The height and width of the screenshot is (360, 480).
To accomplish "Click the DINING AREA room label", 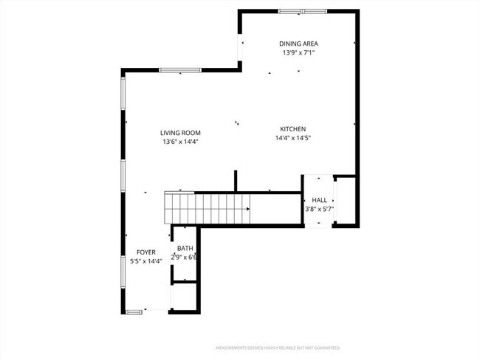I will (x=298, y=44).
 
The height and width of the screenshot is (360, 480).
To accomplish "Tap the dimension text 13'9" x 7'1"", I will (x=298, y=52).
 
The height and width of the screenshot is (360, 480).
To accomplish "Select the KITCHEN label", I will (x=292, y=128).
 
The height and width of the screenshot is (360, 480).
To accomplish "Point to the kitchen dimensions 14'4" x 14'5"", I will (x=292, y=137).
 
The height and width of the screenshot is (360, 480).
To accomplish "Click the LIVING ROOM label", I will (x=181, y=133).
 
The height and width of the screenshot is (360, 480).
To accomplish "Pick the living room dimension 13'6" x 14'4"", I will (x=181, y=142).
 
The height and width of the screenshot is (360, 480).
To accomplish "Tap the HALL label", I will (x=319, y=200).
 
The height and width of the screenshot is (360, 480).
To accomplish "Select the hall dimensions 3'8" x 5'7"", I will (x=319, y=209).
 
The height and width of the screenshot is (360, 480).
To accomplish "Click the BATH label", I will (x=185, y=249).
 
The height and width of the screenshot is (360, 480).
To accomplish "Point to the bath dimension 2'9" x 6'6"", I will (x=185, y=257).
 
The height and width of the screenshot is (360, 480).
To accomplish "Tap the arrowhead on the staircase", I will (x=248, y=209).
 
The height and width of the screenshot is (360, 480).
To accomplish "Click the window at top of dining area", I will (x=303, y=11).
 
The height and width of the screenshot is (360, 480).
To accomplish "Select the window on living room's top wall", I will (x=180, y=71).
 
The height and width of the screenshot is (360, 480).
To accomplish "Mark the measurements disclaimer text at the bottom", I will (x=277, y=347).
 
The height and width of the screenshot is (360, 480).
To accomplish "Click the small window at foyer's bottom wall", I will (x=134, y=311).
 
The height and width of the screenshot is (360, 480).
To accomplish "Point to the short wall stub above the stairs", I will (x=236, y=181).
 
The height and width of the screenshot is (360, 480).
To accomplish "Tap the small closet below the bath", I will (x=185, y=297).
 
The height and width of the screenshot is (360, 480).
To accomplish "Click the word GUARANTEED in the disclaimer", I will (x=327, y=347).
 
